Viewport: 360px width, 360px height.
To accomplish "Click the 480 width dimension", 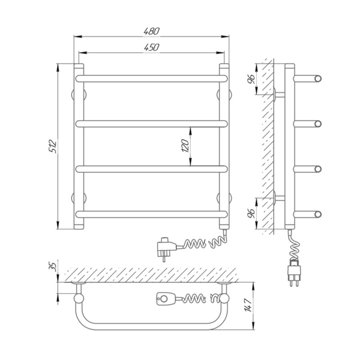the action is click(151, 31).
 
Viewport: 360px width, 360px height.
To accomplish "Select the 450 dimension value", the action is click(151, 47).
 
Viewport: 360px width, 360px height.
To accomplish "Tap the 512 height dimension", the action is click(53, 146).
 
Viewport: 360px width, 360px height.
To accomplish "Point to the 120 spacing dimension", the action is click(185, 146).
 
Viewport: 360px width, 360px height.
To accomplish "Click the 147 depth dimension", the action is click(248, 305).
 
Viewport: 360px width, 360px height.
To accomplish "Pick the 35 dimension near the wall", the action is click(53, 267).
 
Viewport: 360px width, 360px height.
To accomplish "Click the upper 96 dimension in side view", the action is click(252, 79).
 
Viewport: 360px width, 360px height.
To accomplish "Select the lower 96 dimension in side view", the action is click(252, 214).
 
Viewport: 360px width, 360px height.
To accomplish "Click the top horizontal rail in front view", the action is click(152, 79).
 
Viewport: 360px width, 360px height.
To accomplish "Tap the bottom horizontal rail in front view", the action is click(152, 214).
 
